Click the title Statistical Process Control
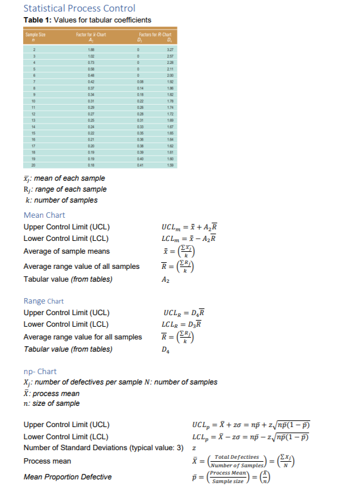point(79,9)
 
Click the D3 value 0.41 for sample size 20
point(139,164)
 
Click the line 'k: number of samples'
point(60,200)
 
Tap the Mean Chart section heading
point(44,215)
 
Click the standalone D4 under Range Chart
point(164,349)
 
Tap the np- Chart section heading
point(40,371)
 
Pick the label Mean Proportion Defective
point(66,477)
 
